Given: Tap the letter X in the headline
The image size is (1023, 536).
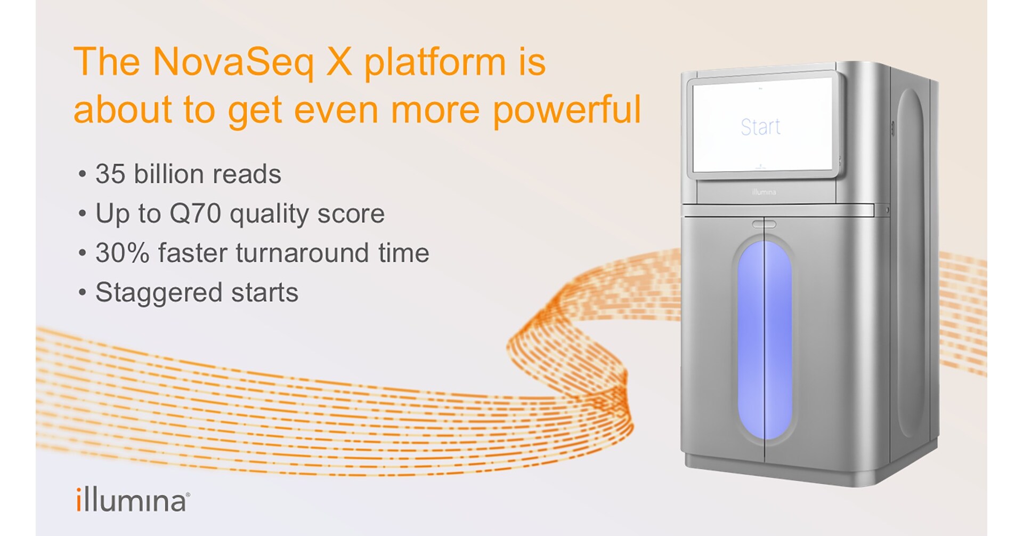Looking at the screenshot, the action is click(x=339, y=62).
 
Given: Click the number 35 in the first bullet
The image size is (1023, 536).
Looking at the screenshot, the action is click(x=110, y=174).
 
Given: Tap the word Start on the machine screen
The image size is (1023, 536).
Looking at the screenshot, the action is click(x=760, y=127).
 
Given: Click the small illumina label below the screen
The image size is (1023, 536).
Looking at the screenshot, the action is click(x=764, y=192).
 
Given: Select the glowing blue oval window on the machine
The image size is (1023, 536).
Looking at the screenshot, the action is click(x=765, y=340).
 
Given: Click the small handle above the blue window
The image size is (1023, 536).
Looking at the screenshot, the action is click(x=764, y=224).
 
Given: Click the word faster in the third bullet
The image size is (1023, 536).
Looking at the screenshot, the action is click(x=192, y=253).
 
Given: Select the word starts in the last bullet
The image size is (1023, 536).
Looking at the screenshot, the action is click(x=264, y=293).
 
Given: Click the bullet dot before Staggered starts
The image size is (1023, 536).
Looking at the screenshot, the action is click(x=82, y=292).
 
